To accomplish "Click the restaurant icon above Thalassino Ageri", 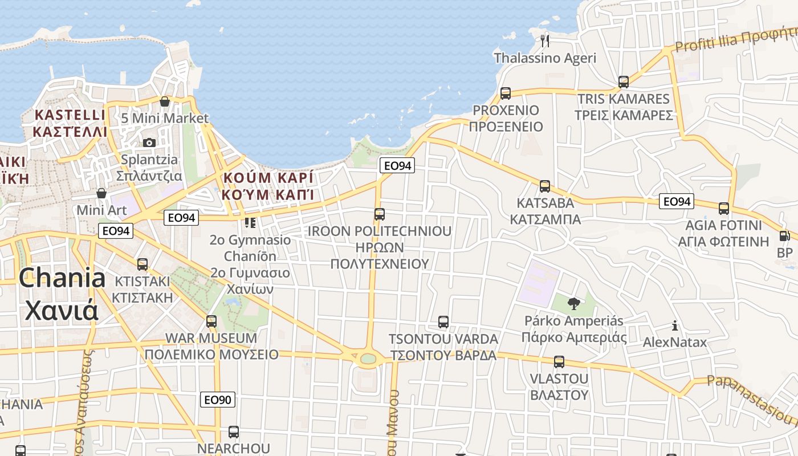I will click(545, 40).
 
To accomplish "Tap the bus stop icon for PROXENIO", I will click(505, 93).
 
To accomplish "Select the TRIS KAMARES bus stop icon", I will click(624, 82).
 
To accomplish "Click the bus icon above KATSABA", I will click(545, 186).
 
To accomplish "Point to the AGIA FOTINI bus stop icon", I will click(724, 209).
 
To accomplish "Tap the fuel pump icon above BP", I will click(785, 236).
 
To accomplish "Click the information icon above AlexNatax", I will click(675, 325).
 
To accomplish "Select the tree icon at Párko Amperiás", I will click(574, 304).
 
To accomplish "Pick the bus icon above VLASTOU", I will click(559, 362).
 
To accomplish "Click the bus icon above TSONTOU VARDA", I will click(443, 322).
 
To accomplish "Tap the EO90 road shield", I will click(218, 400).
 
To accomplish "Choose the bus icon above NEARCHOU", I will click(234, 432).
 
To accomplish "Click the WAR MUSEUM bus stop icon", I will click(211, 321).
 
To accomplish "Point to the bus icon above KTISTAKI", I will click(142, 264).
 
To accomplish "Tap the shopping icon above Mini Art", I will click(101, 194).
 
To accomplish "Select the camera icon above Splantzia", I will click(149, 142).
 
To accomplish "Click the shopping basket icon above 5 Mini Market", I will click(165, 101).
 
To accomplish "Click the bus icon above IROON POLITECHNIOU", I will click(380, 214).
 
